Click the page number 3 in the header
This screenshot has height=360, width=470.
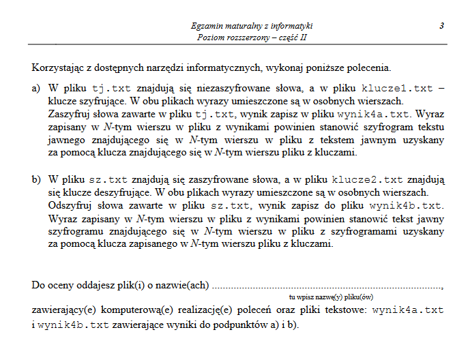point(442,25)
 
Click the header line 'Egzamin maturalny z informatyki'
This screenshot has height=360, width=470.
point(253,26)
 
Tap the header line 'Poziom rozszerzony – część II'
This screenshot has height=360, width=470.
point(253,37)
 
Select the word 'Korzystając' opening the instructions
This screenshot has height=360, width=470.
point(56,68)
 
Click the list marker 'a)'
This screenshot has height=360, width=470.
point(36,89)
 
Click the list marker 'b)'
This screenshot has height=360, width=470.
point(36,179)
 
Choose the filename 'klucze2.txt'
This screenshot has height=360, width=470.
point(367,179)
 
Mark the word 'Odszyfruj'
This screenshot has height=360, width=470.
point(70,205)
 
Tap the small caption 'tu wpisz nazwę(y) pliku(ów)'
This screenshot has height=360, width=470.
point(330,297)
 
